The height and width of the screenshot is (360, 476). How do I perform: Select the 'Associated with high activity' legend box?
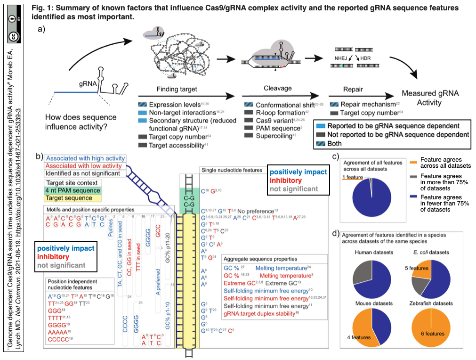[x=85, y=158]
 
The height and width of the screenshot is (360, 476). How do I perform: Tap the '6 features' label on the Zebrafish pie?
[x=431, y=334]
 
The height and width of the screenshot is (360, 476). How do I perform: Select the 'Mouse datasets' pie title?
[x=371, y=303]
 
